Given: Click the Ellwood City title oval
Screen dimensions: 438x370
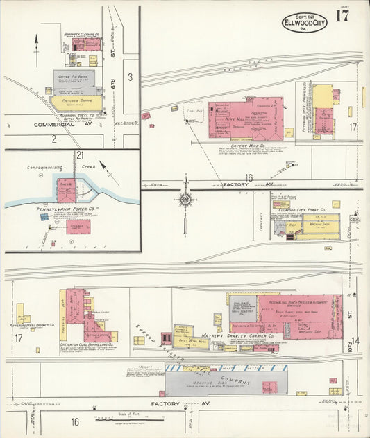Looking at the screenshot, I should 304,23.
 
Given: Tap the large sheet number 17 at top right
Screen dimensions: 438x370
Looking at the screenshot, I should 342,17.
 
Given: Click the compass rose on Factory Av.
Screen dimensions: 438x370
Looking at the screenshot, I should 185,199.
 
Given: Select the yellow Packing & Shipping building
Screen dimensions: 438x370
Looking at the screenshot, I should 76,103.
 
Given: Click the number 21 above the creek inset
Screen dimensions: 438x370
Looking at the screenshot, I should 80,155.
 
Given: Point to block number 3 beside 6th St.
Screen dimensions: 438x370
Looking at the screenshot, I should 129,76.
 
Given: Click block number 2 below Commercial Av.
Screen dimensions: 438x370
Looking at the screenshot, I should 53,139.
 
